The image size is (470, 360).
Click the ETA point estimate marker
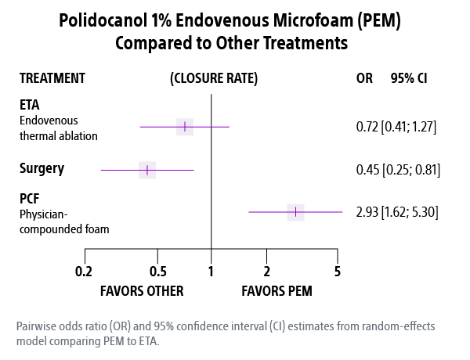(185, 126)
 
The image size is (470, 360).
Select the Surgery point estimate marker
(147, 170)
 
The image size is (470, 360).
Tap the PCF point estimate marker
(295, 211)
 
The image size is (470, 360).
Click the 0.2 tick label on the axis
(85, 272)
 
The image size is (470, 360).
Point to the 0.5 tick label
(157, 272)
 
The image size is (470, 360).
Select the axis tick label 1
(211, 272)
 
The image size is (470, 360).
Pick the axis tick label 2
(267, 272)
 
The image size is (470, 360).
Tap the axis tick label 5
(338, 272)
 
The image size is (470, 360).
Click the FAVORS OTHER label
(142, 291)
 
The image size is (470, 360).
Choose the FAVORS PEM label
(277, 291)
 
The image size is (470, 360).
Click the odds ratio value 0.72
(367, 126)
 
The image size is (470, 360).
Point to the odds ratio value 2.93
(367, 211)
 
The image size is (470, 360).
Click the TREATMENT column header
(52, 78)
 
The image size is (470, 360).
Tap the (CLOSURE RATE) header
(213, 78)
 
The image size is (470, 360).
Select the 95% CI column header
(408, 78)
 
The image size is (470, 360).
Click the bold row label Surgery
(42, 168)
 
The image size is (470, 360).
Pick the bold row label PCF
(31, 200)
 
